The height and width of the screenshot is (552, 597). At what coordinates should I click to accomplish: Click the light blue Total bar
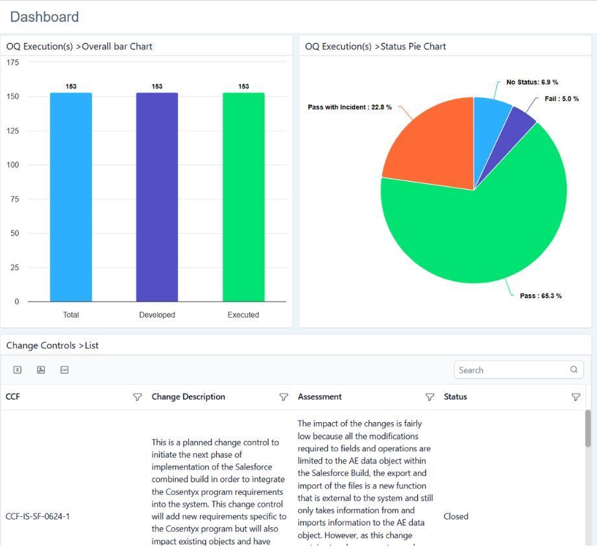(71, 197)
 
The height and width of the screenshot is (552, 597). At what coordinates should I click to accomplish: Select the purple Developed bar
(157, 197)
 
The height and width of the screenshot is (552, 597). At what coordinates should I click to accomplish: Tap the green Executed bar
(244, 197)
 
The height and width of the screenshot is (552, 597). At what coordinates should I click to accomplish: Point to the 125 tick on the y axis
(12, 131)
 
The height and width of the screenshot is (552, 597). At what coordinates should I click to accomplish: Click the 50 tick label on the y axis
(14, 233)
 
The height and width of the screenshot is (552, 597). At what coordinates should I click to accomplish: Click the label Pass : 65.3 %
(541, 296)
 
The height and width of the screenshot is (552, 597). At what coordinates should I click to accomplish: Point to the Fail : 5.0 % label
(561, 99)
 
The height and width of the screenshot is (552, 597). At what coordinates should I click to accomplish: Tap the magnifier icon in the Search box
(574, 370)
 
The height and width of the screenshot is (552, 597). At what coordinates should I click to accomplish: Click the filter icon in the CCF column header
(138, 397)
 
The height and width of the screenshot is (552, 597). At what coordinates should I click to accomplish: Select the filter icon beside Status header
(576, 397)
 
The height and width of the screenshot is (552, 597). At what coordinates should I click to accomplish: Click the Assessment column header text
(319, 397)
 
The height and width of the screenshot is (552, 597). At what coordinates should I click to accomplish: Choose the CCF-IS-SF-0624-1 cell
(38, 516)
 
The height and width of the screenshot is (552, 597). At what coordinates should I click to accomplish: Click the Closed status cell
(456, 516)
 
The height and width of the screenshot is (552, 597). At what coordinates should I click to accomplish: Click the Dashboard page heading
(45, 17)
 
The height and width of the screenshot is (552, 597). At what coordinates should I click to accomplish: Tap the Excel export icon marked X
(18, 370)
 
